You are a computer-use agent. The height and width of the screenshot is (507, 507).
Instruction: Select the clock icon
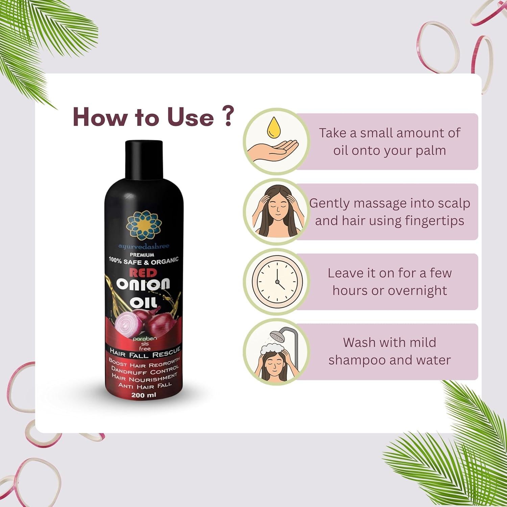point(276,282)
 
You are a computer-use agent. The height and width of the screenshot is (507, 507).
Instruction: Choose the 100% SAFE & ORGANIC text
point(143,261)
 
